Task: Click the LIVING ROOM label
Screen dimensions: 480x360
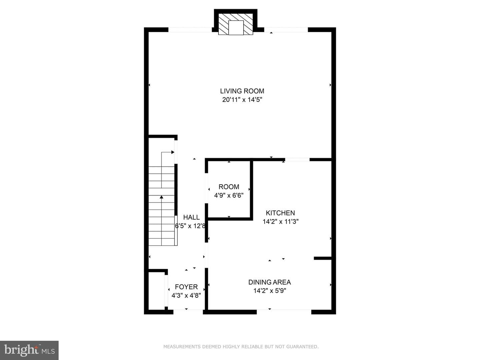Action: (x=242, y=91)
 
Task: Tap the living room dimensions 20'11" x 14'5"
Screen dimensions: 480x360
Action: (x=242, y=100)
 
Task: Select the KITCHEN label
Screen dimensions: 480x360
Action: (x=280, y=213)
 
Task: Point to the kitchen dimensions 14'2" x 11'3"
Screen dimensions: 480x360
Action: (x=280, y=222)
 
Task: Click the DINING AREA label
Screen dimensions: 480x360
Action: (x=270, y=282)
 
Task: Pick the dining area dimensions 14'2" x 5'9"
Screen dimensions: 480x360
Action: (x=270, y=291)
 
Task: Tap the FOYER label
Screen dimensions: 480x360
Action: (x=186, y=287)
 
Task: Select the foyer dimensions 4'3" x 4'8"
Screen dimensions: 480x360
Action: (x=186, y=296)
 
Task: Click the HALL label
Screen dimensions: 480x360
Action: (x=191, y=217)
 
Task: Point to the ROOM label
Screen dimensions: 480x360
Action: (x=229, y=187)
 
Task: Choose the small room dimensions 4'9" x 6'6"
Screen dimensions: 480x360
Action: (x=229, y=195)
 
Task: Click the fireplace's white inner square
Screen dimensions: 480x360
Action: (x=236, y=28)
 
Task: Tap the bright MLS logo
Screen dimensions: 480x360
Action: (x=29, y=350)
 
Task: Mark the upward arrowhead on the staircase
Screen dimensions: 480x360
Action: (x=161, y=197)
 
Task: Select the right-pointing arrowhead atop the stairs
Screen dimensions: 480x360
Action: (x=173, y=152)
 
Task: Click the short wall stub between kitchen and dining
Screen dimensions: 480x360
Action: (x=323, y=258)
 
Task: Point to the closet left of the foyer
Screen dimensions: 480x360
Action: (x=157, y=291)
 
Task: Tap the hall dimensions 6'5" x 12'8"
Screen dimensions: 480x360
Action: (x=190, y=226)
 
